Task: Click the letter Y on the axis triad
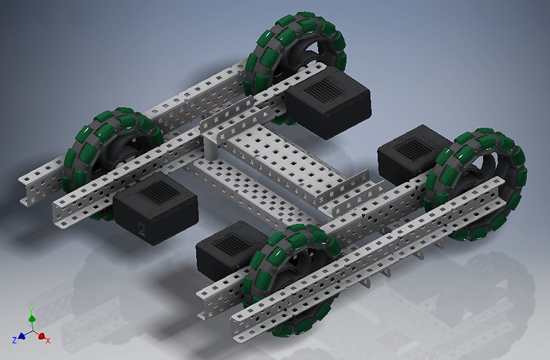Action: pos(31,310)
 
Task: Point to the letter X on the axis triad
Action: pos(49,340)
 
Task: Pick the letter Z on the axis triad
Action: pos(14,340)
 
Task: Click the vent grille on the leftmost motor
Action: pos(156,197)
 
